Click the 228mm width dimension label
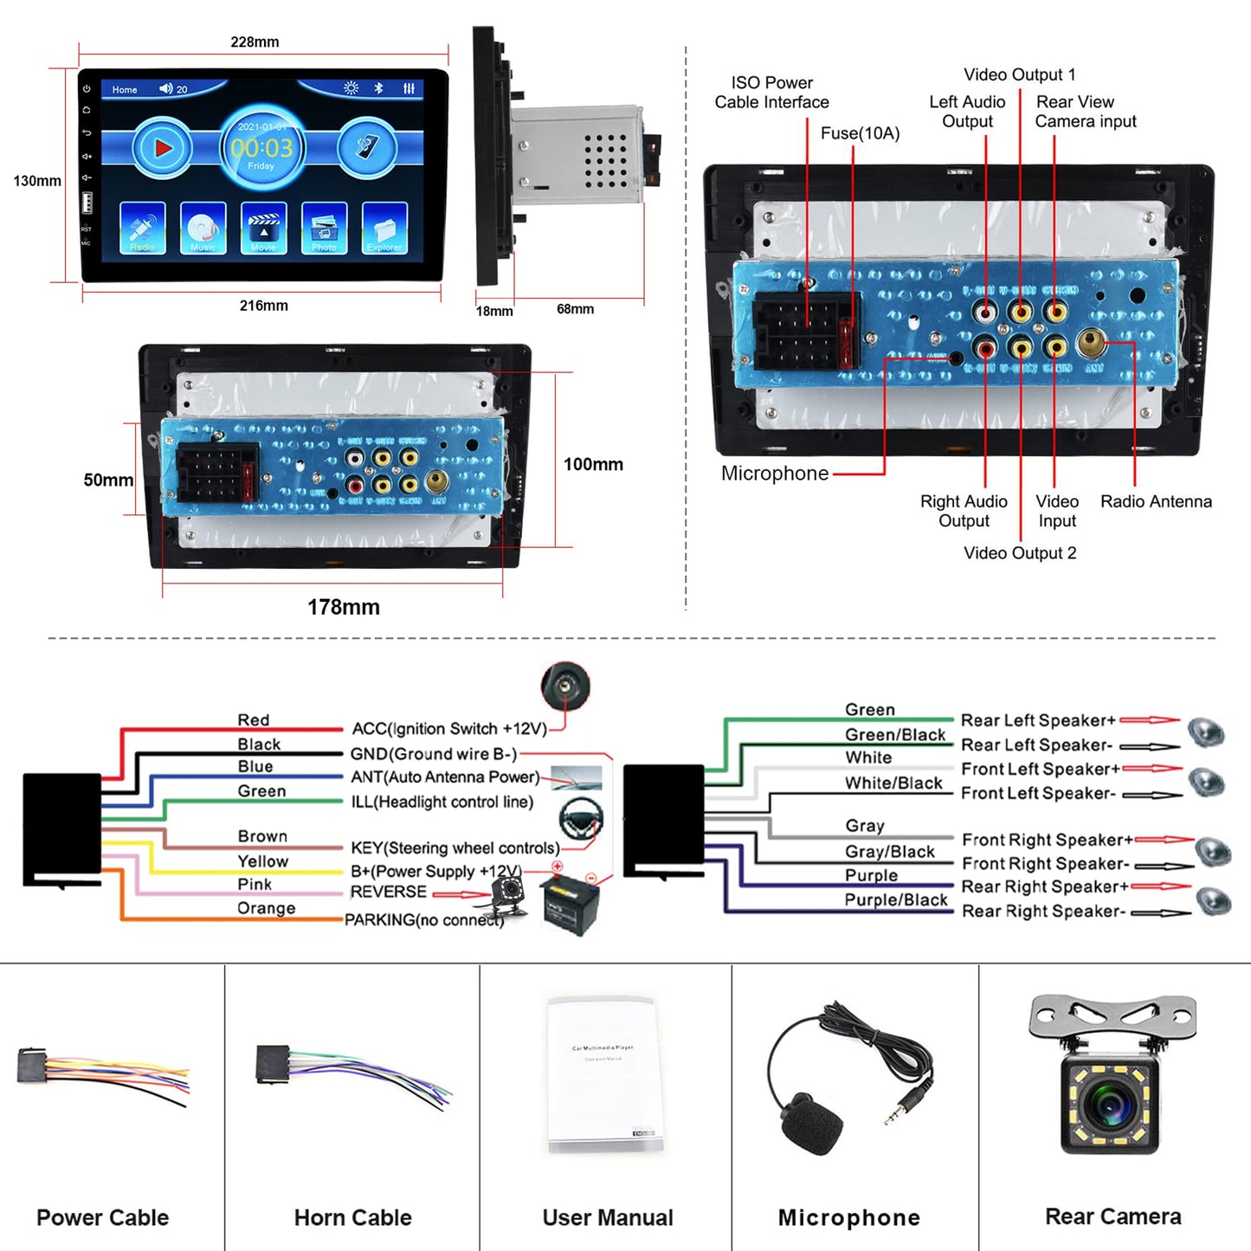255,42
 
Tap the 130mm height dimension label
37,181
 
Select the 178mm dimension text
344,607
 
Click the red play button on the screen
162,148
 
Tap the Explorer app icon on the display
384,229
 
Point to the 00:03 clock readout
261,148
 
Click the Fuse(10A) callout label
860,133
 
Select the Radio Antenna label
1156,501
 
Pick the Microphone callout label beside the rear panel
775,474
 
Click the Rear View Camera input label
1086,112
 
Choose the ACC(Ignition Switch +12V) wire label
449,729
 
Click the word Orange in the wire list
267,908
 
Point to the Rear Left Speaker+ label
1038,720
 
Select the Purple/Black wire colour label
896,900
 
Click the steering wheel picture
580,817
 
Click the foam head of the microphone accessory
811,1123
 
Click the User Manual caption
608,1217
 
